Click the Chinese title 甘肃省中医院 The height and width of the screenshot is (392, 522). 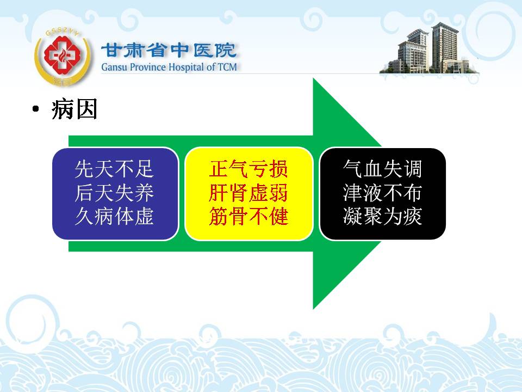click(169, 51)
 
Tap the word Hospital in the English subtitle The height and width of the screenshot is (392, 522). click(187, 67)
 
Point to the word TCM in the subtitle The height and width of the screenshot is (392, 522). click(227, 67)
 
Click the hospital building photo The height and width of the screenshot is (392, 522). click(429, 50)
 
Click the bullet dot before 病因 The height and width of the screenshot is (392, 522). click(36, 109)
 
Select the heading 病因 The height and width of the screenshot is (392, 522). click(74, 109)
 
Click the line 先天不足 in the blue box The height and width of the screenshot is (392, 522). click(114, 169)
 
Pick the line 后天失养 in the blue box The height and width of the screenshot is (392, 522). click(114, 193)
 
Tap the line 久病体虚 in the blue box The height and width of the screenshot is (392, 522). click(114, 216)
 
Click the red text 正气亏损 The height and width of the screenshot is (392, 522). click(248, 169)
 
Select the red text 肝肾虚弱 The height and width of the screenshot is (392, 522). click(248, 193)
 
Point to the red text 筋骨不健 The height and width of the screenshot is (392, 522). click(248, 216)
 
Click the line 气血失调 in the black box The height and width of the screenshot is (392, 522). click(382, 169)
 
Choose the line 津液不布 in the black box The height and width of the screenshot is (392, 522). click(382, 193)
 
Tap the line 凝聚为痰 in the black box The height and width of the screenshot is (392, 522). click(382, 216)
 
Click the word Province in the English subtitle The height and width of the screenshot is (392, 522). click(148, 67)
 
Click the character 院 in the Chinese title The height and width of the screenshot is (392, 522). click(226, 51)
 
